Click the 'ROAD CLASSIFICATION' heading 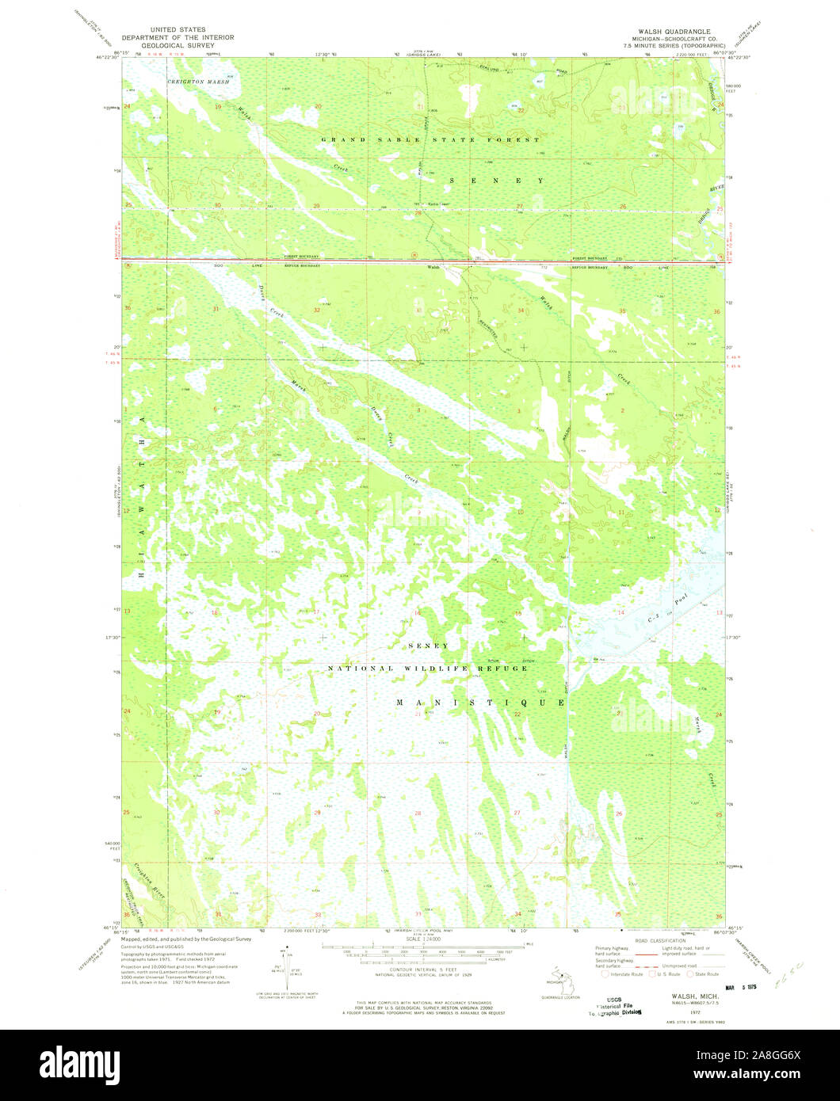pos(659,940)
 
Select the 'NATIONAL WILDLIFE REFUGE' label pos(428,669)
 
